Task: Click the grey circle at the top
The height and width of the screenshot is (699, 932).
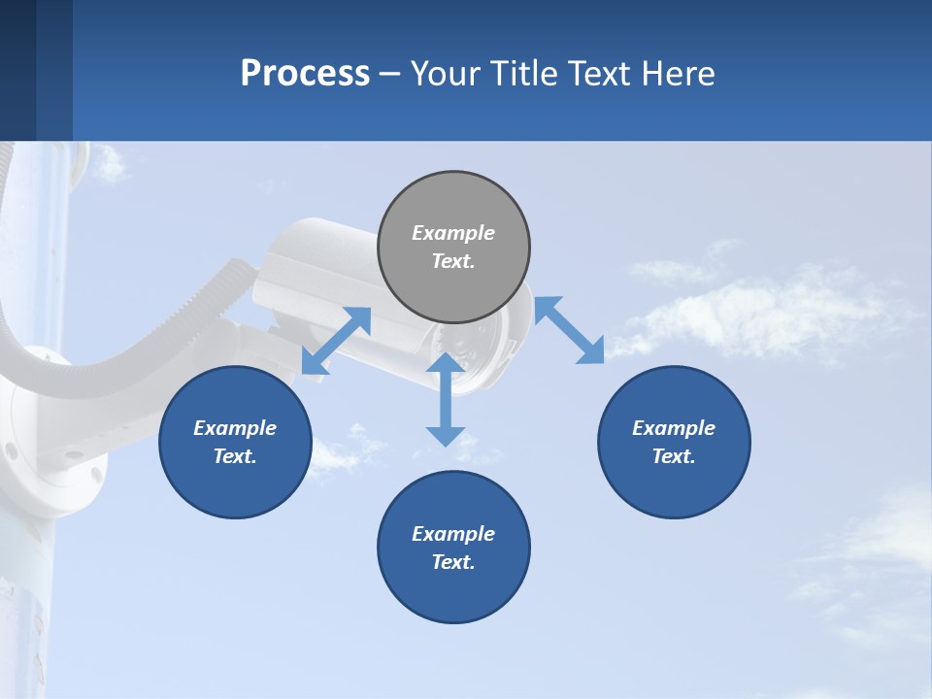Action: coord(453,248)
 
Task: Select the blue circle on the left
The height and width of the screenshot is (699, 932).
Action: coord(235,442)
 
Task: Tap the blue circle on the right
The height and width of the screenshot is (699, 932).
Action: coord(674,442)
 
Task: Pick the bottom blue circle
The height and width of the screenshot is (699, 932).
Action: coord(453,548)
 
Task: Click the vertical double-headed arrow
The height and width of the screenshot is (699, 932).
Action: coord(446,399)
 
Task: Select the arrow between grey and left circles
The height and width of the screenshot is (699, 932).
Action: coord(336,341)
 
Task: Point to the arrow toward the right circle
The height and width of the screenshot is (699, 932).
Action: coord(570,330)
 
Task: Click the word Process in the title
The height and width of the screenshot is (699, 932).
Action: coord(305,73)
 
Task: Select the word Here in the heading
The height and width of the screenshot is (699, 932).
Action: coord(680,73)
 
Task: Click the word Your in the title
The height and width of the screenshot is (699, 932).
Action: coord(444,73)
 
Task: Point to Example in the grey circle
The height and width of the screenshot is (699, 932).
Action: coord(453,233)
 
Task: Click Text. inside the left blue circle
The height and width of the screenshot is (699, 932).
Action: coord(235,456)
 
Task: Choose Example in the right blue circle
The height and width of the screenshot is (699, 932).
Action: coord(674,428)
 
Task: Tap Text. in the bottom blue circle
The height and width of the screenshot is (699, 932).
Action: coord(453,562)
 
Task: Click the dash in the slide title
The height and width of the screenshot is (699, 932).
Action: coord(390,73)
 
